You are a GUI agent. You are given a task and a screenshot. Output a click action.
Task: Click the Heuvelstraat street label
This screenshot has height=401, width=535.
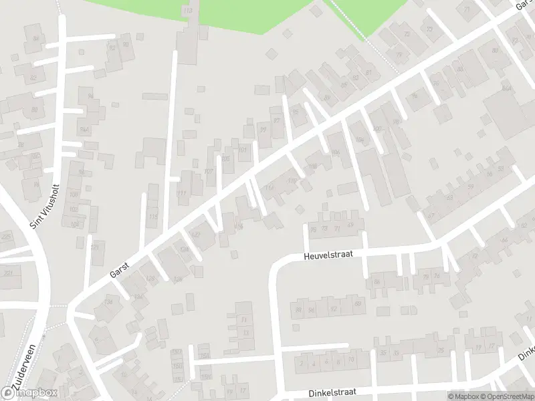pyautogui.click(x=328, y=255)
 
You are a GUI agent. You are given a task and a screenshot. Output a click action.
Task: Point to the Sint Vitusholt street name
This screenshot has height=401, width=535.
pyautogui.click(x=45, y=207)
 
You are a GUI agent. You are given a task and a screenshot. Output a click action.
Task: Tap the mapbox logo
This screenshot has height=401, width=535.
pyautogui.click(x=29, y=393)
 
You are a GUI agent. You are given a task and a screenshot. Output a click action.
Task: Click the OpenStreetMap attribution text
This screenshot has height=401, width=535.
pyautogui.click(x=507, y=396)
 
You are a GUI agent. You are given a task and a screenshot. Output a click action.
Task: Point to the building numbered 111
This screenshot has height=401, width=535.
pyautogui.click(x=182, y=193)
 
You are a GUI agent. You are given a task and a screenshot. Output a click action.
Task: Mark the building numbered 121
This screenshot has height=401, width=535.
pyautogui.click(x=94, y=247)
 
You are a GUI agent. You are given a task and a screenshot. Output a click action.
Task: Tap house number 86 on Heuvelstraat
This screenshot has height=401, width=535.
pyautogui.click(x=377, y=282)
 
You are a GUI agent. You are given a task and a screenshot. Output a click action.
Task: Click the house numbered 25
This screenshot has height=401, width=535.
pyautogui.click(x=441, y=351)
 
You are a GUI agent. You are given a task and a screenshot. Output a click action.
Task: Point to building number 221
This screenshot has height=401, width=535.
pyautogui.click(x=8, y=273)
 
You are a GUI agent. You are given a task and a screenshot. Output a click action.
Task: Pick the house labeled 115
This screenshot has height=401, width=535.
pyautogui.click(x=153, y=217)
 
